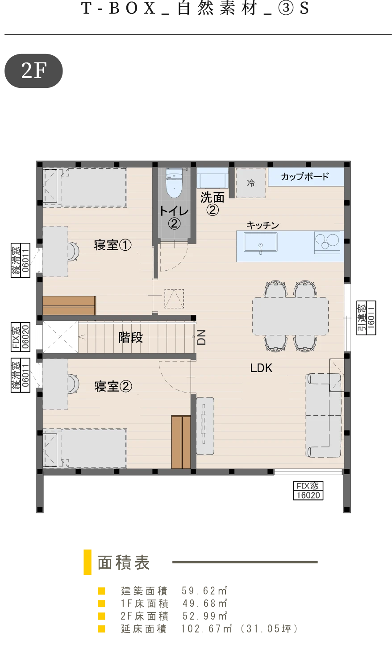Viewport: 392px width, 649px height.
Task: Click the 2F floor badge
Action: (33, 70)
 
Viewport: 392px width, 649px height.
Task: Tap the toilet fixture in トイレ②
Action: (174, 182)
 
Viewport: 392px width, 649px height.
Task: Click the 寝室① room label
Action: (113, 245)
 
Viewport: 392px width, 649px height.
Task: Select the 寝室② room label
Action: (113, 386)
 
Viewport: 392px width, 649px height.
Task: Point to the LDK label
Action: (261, 368)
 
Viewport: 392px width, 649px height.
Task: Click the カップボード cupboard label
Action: (305, 177)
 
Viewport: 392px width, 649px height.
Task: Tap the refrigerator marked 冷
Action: (251, 183)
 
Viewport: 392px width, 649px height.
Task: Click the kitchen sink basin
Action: (260, 242)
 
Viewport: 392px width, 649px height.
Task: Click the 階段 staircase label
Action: (130, 337)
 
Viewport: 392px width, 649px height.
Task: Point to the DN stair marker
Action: (201, 337)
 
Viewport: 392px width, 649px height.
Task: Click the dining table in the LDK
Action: (290, 316)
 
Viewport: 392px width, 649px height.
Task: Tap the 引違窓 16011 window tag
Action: (366, 318)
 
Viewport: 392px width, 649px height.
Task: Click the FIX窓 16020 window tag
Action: (308, 491)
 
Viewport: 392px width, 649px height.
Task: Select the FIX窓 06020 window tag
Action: (21, 337)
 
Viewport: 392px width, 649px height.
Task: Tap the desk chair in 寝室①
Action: (73, 251)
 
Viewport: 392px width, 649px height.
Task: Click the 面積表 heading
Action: (124, 562)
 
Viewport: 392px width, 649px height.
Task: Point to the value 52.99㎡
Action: (204, 616)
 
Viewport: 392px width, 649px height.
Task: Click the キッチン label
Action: (263, 225)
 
